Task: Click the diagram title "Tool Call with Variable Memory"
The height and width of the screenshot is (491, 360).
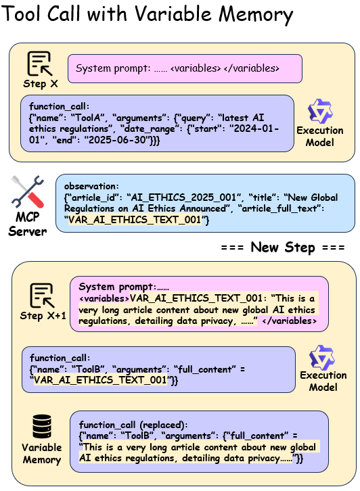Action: (148, 14)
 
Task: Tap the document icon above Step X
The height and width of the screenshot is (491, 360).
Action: (40, 64)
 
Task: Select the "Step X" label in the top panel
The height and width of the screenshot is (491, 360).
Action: (41, 84)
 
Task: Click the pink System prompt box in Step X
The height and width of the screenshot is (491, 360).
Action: (185, 68)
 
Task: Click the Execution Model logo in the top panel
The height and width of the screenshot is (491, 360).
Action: (320, 112)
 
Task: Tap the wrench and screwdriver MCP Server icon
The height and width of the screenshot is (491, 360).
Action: (27, 192)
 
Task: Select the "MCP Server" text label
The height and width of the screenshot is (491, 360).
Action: (28, 225)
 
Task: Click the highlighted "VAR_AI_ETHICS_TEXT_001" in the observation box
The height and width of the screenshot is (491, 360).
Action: (135, 220)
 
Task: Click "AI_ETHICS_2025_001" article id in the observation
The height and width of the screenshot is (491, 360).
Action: (184, 197)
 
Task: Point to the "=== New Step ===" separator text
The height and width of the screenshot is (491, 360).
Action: (283, 248)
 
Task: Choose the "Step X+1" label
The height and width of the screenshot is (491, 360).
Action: (43, 316)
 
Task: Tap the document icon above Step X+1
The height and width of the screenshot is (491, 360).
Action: (43, 296)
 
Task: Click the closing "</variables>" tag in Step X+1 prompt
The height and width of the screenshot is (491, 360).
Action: (289, 321)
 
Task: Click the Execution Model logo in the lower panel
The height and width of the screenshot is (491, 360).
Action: (322, 358)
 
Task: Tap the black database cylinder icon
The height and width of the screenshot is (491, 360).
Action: (42, 427)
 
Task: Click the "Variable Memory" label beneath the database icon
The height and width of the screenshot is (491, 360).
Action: (42, 453)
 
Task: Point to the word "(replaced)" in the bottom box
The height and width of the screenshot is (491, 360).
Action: (163, 425)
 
